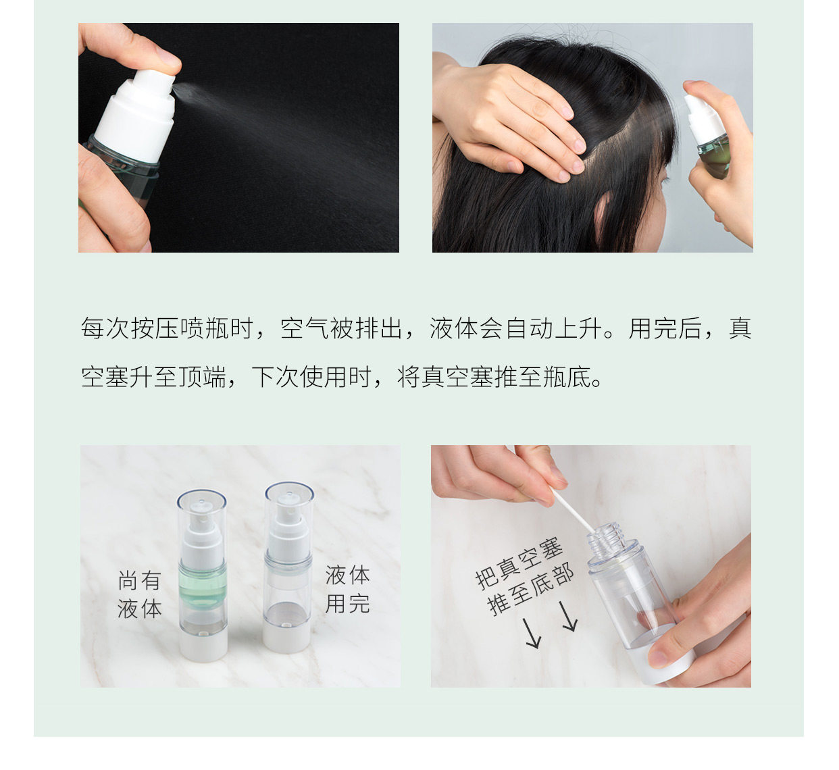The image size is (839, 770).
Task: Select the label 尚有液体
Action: pos(139,594)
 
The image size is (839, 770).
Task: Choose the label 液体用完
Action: pos(348,589)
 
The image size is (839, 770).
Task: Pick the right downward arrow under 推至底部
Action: pos(568,616)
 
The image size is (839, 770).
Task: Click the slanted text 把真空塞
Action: pos(519,564)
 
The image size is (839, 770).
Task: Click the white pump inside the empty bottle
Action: pos(288,528)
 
